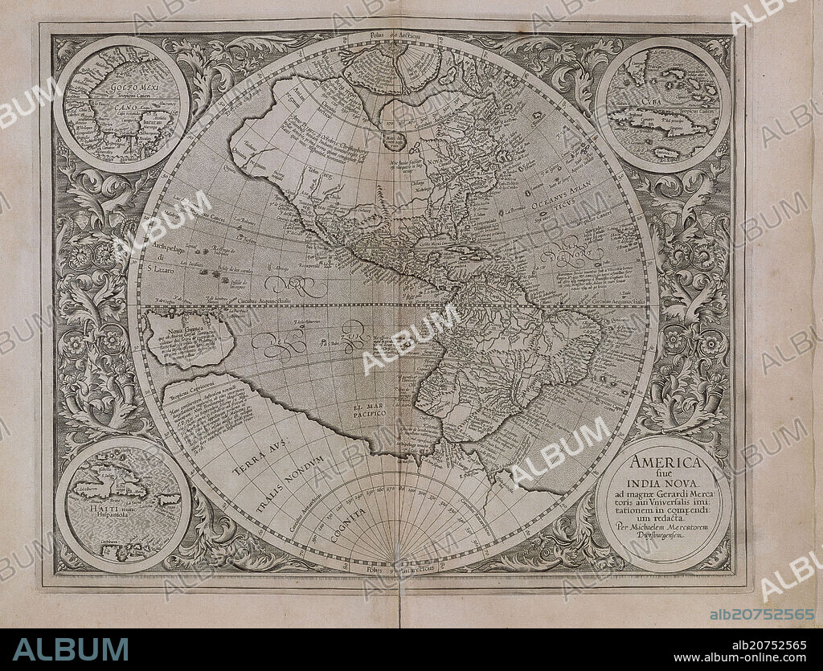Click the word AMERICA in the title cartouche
666,463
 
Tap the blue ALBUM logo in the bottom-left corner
70,649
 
